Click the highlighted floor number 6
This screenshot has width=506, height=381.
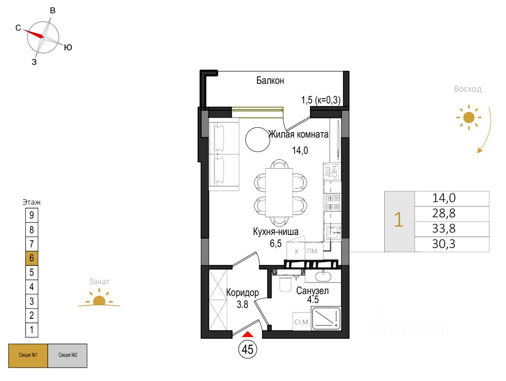pyautogui.click(x=32, y=258)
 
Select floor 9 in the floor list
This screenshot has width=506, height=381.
pyautogui.click(x=32, y=215)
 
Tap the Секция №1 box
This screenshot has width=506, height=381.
pyautogui.click(x=28, y=355)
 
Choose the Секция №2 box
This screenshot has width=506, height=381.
pyautogui.click(x=68, y=355)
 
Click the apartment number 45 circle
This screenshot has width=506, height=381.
pyautogui.click(x=247, y=349)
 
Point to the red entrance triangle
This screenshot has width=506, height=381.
pyautogui.click(x=247, y=334)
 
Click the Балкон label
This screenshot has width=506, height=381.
pyautogui.click(x=270, y=81)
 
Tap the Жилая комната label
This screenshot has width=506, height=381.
pyautogui.click(x=298, y=135)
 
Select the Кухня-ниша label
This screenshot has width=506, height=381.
pyautogui.click(x=276, y=232)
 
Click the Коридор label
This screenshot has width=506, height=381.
pyautogui.click(x=242, y=293)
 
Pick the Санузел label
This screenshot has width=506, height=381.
pyautogui.click(x=312, y=291)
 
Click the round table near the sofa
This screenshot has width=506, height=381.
pyautogui.click(x=257, y=139)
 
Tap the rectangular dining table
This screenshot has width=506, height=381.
pyautogui.click(x=279, y=192)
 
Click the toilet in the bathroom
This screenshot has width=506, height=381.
pyautogui.click(x=285, y=283)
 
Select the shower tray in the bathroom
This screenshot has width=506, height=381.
pyautogui.click(x=326, y=318)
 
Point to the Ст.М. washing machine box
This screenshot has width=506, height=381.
pyautogui.click(x=302, y=322)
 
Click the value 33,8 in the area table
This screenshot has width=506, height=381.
pyautogui.click(x=444, y=229)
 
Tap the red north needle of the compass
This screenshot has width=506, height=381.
pyautogui.click(x=33, y=33)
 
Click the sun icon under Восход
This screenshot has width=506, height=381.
pyautogui.click(x=468, y=117)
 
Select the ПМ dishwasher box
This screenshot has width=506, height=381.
pyautogui.click(x=312, y=251)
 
